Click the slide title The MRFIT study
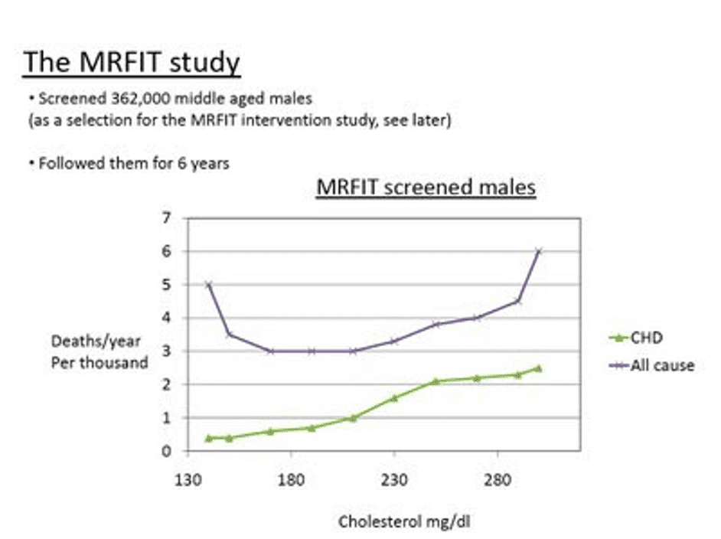[132, 63]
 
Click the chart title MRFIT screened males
[426, 188]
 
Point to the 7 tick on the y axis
[165, 218]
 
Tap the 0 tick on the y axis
[165, 451]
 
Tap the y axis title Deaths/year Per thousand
[100, 352]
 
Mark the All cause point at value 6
[539, 251]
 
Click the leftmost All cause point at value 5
[208, 285]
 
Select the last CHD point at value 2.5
[539, 368]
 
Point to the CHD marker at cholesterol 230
[394, 398]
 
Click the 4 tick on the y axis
[165, 318]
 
